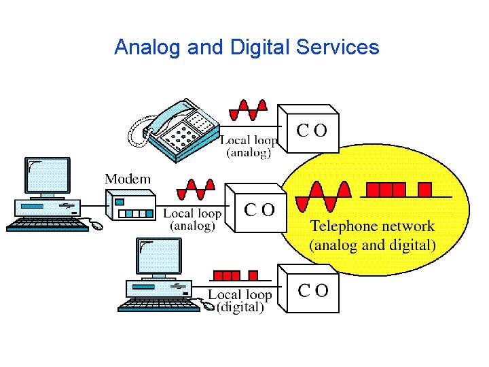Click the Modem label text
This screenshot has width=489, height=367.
[128, 179]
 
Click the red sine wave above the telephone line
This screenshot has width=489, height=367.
[248, 110]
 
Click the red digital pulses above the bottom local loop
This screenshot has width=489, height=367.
[235, 276]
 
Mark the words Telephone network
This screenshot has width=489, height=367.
[372, 226]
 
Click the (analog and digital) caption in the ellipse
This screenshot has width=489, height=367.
[372, 245]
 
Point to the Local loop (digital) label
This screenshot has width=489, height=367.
[239, 301]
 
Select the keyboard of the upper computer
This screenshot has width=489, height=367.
[48, 224]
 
